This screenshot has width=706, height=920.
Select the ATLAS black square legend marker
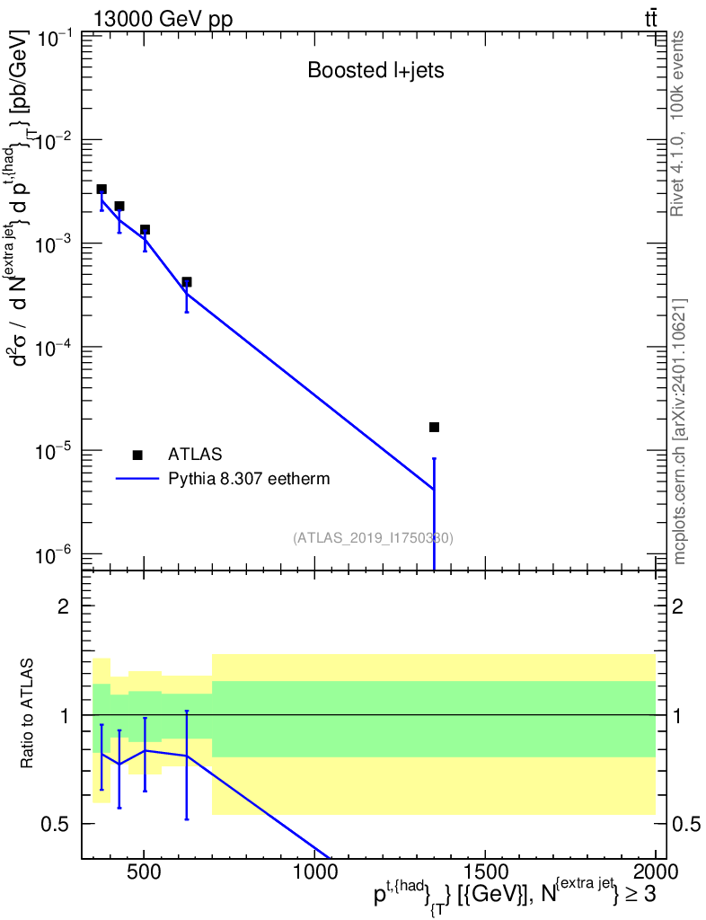[x=137, y=455]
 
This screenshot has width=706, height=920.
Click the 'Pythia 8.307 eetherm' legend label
[x=249, y=479]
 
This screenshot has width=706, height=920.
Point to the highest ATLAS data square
[x=101, y=190]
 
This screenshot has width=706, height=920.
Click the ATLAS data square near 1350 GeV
[x=434, y=427]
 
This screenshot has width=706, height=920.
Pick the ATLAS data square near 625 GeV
[x=187, y=282]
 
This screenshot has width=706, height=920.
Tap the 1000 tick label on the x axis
[x=314, y=872]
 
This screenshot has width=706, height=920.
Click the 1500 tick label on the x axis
[x=485, y=872]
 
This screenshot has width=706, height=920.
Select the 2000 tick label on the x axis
[x=656, y=872]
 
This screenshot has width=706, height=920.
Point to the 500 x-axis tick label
[x=144, y=872]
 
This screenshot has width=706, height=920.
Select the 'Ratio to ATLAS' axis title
[x=29, y=714]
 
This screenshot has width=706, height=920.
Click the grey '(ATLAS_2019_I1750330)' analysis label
[x=373, y=538]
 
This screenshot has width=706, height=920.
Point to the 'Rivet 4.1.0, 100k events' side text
[x=678, y=124]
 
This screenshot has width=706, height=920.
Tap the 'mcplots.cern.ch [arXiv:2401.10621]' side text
[x=680, y=431]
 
